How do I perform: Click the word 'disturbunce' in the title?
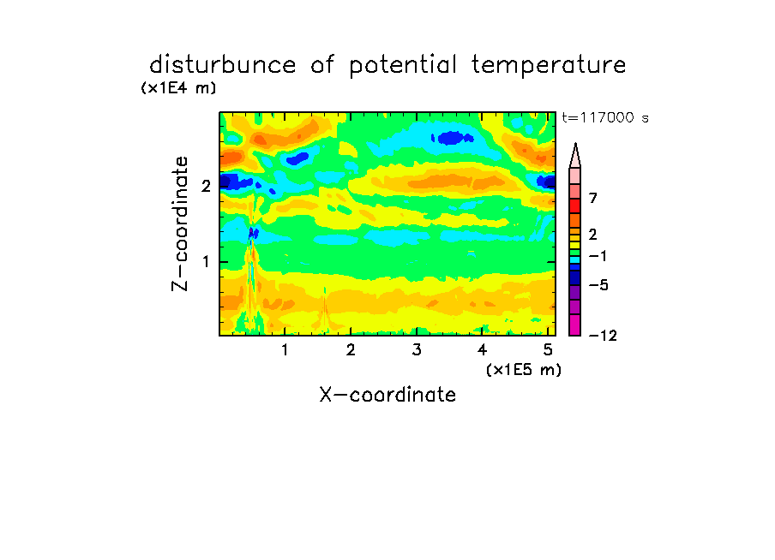(223, 65)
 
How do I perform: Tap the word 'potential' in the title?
(403, 66)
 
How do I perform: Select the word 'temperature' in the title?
(549, 65)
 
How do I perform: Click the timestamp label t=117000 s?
(605, 117)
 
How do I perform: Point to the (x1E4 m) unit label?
(178, 88)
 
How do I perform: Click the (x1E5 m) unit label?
(524, 369)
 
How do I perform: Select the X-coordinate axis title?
(387, 395)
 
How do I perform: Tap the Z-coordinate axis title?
(180, 223)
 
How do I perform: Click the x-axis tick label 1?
(285, 350)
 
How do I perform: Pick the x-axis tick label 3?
(417, 350)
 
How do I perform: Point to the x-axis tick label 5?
(548, 350)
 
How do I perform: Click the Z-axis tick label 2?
(206, 186)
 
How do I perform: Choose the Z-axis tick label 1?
(206, 262)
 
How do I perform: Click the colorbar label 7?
(593, 199)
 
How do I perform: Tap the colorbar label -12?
(603, 336)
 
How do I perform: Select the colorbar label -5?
(598, 285)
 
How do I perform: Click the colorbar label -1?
(598, 256)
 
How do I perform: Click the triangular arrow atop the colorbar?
(575, 155)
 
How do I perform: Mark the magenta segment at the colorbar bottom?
(575, 325)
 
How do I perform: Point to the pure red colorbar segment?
(575, 206)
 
